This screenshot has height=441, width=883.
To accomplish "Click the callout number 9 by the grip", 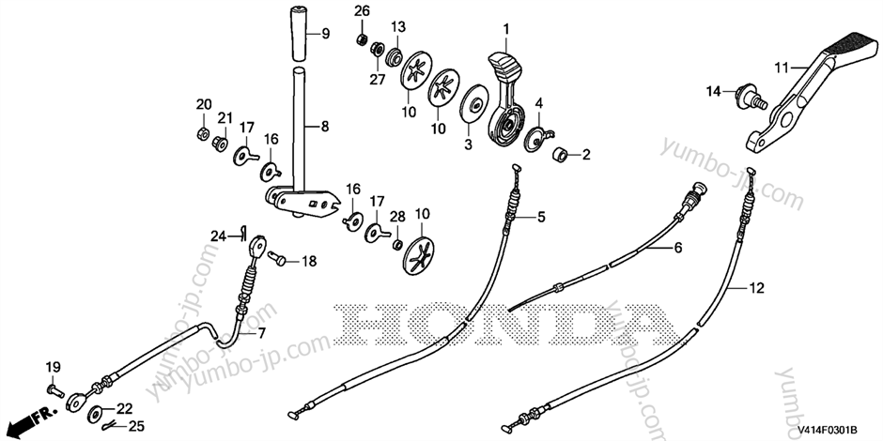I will [x=326, y=34].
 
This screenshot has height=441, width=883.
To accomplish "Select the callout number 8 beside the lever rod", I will [x=326, y=125].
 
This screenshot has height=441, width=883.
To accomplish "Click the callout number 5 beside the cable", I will [x=541, y=218].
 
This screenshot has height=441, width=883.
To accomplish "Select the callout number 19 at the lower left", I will [x=53, y=365].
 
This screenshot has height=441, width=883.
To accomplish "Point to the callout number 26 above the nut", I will [x=363, y=10].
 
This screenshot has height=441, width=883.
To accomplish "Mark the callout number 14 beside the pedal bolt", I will [x=714, y=91].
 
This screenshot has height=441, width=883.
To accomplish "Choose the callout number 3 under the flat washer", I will [x=467, y=145].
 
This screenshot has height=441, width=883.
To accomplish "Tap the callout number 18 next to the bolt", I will [x=309, y=262].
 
